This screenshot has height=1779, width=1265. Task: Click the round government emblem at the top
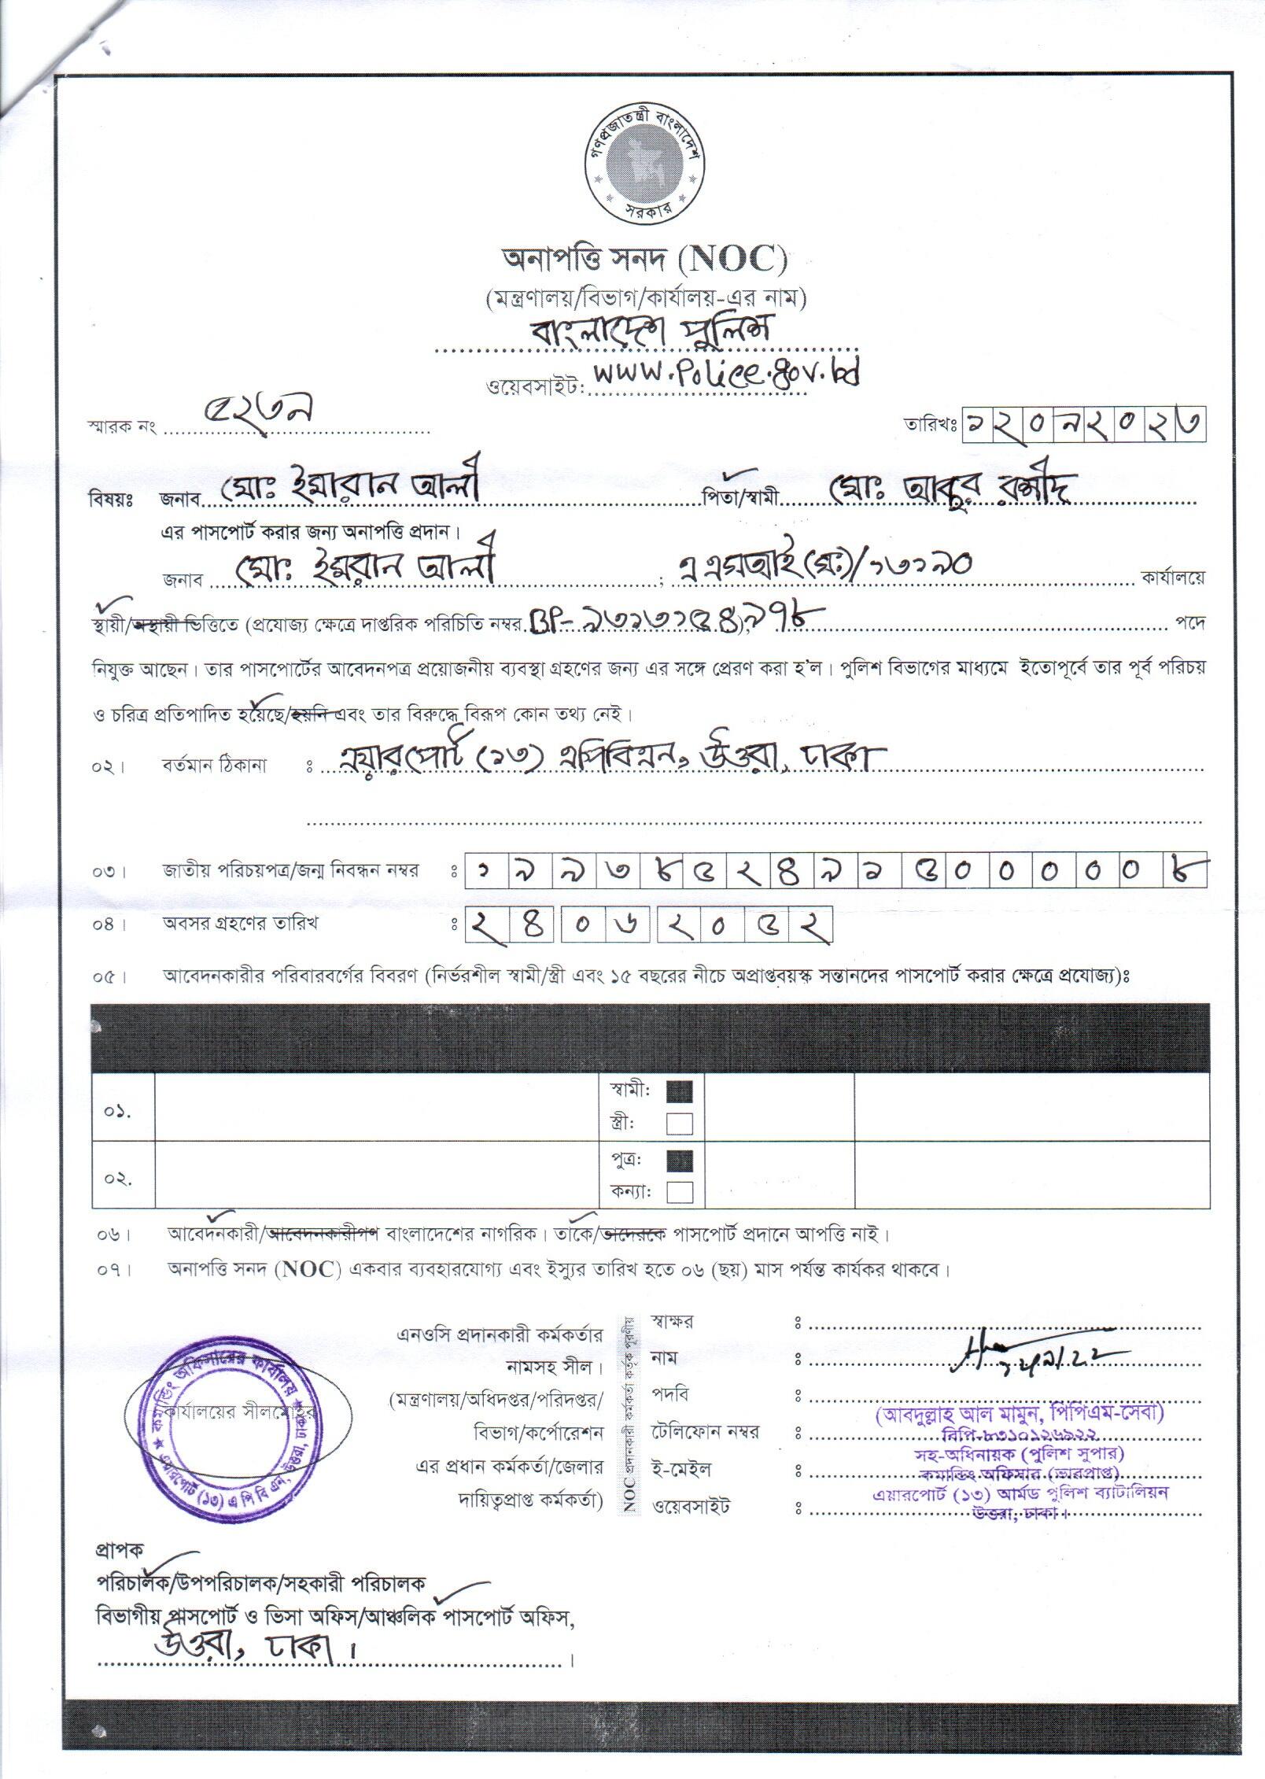coord(640,164)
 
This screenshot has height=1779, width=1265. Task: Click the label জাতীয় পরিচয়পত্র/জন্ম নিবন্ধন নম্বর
coord(290,871)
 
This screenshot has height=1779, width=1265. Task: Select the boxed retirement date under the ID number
coord(648,928)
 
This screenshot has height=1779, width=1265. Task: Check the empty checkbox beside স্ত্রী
coord(680,1124)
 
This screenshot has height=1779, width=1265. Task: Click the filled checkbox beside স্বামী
coord(680,1092)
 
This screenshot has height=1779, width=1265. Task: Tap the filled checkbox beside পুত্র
coord(680,1161)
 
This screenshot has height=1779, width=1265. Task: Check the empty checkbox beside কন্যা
coord(680,1193)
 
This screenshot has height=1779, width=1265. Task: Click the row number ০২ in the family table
coord(119,1179)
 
